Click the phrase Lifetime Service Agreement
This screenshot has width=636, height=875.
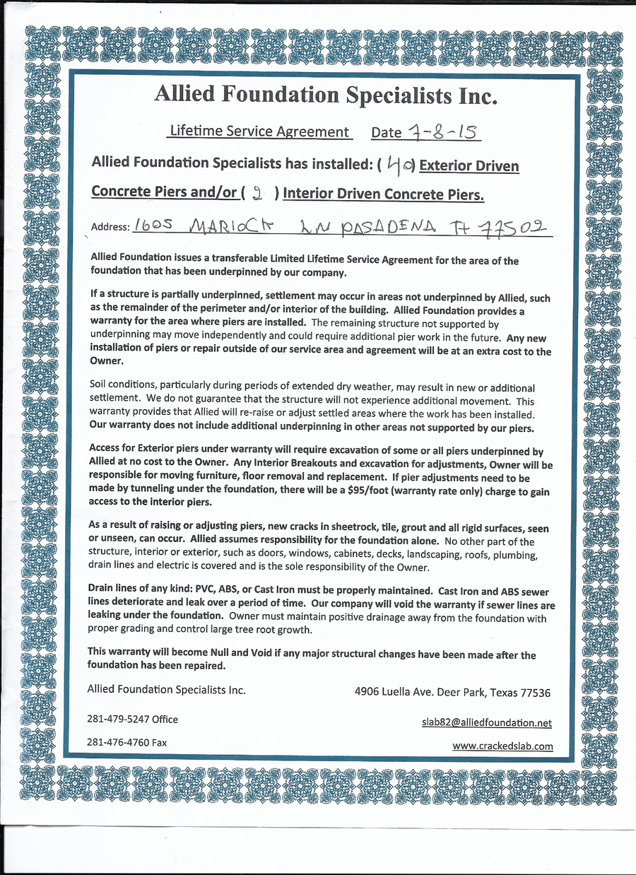[x=259, y=131]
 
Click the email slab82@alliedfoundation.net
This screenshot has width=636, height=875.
[x=486, y=722]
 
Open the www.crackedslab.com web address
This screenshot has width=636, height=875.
[x=502, y=746]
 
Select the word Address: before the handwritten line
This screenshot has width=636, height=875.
[x=110, y=227]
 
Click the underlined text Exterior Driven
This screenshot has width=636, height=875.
[x=469, y=166]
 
